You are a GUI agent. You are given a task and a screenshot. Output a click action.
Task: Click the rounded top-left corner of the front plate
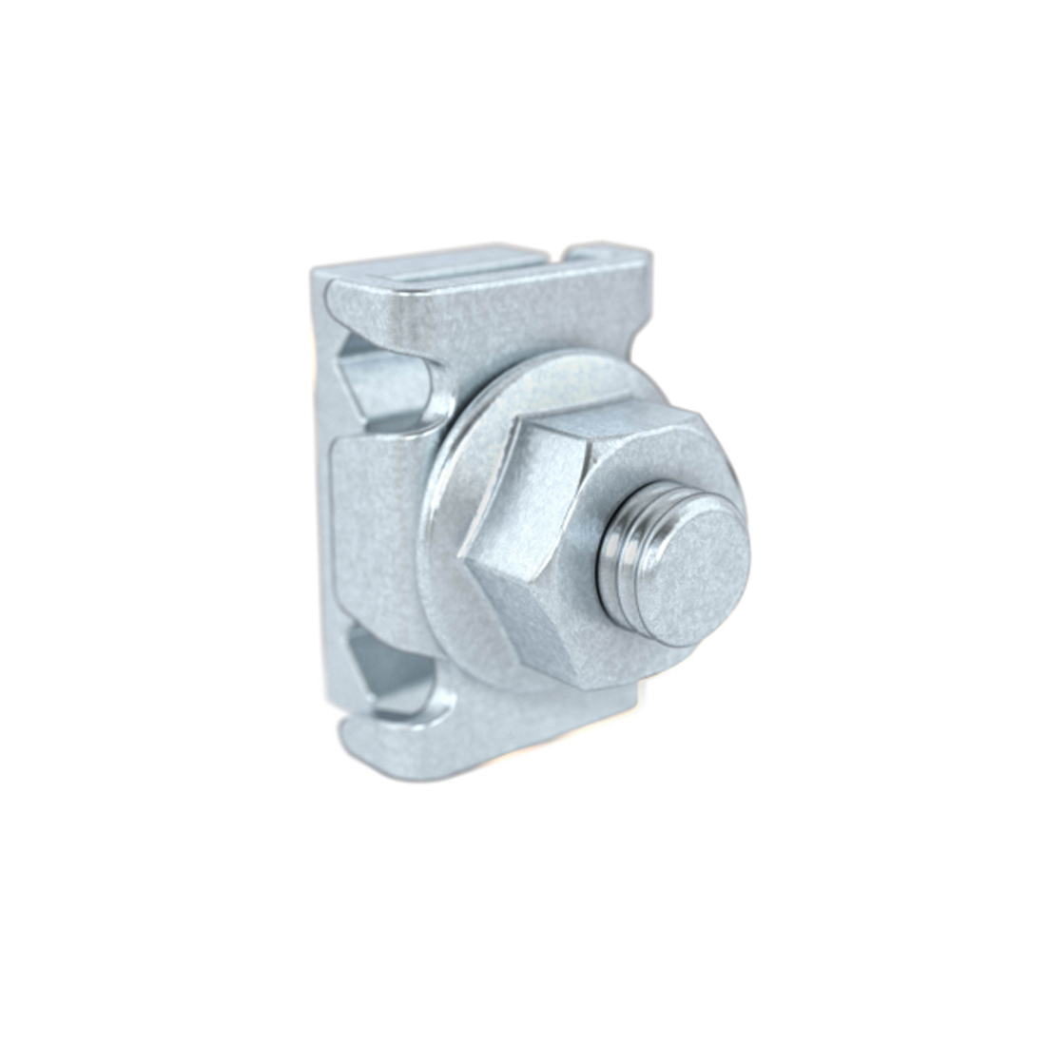click(338, 290)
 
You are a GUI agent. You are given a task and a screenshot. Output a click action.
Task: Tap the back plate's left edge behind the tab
click(320, 533)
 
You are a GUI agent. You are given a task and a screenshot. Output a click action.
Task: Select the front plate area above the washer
click(513, 314)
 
